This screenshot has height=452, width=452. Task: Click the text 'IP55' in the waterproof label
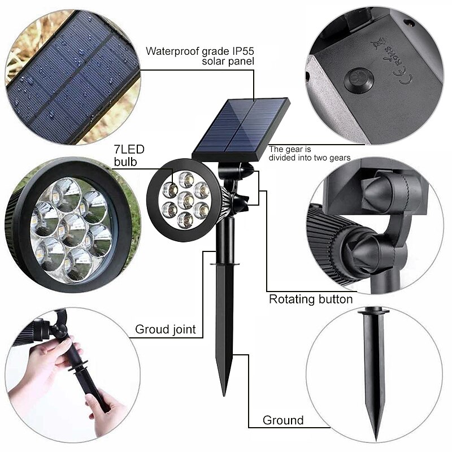pyautogui.click(x=243, y=51)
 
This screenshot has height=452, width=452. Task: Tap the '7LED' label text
pyautogui.click(x=129, y=149)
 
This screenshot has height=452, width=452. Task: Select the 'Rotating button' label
pyautogui.click(x=311, y=299)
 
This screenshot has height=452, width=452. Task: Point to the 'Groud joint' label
pyautogui.click(x=166, y=329)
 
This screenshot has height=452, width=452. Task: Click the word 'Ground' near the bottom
pyautogui.click(x=283, y=420)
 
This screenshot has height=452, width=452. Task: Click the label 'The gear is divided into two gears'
pyautogui.click(x=310, y=153)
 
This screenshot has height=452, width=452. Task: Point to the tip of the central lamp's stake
pyautogui.click(x=224, y=395)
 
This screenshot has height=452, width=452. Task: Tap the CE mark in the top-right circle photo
pyautogui.click(x=405, y=76)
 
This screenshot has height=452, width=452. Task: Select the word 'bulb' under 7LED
pyautogui.click(x=125, y=162)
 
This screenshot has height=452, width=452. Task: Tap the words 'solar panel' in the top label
pyautogui.click(x=228, y=62)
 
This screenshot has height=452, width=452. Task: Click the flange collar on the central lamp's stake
pyautogui.click(x=224, y=264)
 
